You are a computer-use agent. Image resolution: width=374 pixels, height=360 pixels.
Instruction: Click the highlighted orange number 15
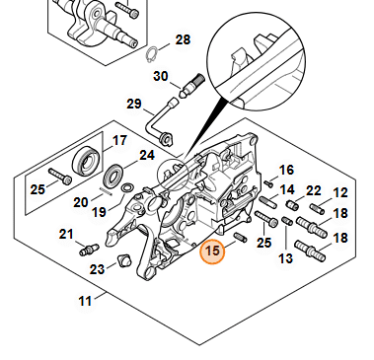212,252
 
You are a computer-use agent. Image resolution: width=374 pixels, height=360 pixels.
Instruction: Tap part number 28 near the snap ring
183,40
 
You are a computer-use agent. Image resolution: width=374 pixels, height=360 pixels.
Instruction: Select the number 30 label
161,76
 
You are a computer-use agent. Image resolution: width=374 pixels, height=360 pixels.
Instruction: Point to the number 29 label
134,104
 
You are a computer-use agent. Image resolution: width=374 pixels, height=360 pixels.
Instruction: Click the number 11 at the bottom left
85,301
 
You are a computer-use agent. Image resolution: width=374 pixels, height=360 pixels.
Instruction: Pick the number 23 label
97,269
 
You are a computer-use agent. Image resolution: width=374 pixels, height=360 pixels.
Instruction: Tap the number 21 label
66,235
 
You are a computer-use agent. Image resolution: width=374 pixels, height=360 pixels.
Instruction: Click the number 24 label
147,156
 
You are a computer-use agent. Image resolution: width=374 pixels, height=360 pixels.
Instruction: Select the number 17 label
119,141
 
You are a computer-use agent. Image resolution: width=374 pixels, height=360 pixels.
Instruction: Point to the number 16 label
286,171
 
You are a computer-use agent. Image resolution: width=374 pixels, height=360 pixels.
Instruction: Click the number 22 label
313,190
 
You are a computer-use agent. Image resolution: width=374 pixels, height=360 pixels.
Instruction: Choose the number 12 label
340,192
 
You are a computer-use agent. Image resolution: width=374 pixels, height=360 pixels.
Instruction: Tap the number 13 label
285,258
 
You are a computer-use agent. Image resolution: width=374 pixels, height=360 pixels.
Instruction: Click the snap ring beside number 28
151,54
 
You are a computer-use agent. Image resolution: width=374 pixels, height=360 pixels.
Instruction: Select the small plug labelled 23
124,260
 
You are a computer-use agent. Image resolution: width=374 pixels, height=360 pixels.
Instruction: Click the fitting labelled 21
89,250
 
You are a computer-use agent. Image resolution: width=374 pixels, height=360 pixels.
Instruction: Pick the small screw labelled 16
268,183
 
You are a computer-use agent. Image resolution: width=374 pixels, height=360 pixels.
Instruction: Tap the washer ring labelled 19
127,188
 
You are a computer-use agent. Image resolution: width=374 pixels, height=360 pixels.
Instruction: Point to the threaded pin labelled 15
240,237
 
